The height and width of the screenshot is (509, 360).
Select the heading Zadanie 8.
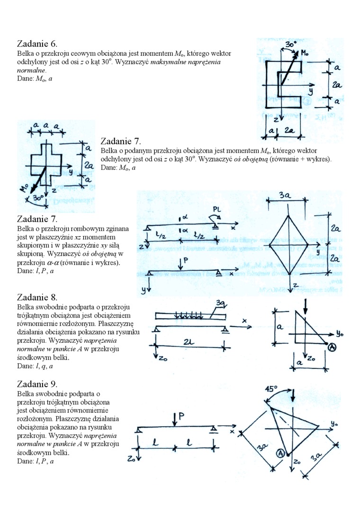(37, 297)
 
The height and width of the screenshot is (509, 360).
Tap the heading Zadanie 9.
(37, 384)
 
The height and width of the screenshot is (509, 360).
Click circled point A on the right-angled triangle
(332, 348)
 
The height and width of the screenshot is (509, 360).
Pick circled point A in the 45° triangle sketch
(280, 454)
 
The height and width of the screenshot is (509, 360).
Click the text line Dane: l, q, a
(35, 366)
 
